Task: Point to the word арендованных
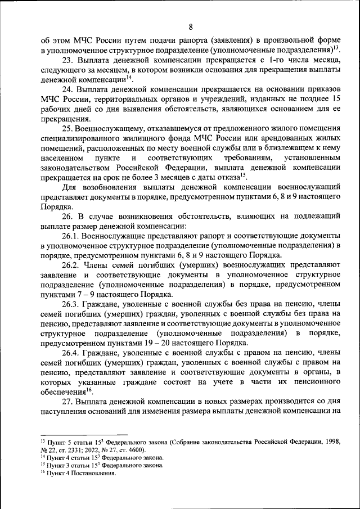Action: click(272, 139)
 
